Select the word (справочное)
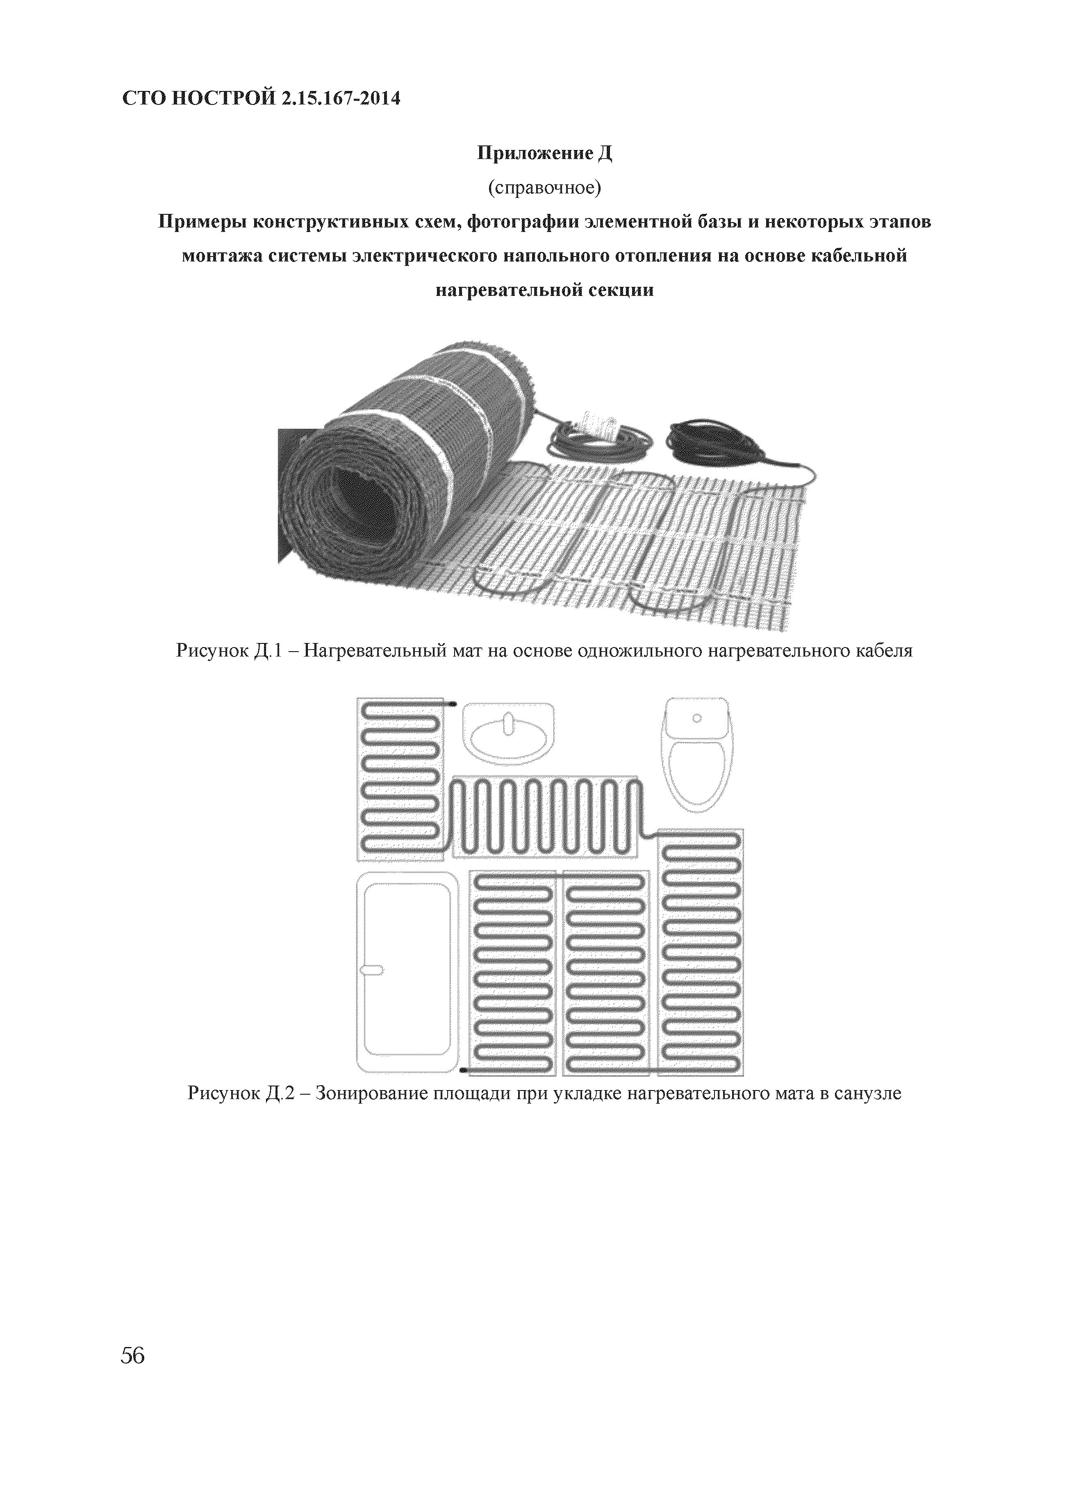[543, 189]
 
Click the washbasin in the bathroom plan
[508, 734]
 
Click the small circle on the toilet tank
[696, 718]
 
